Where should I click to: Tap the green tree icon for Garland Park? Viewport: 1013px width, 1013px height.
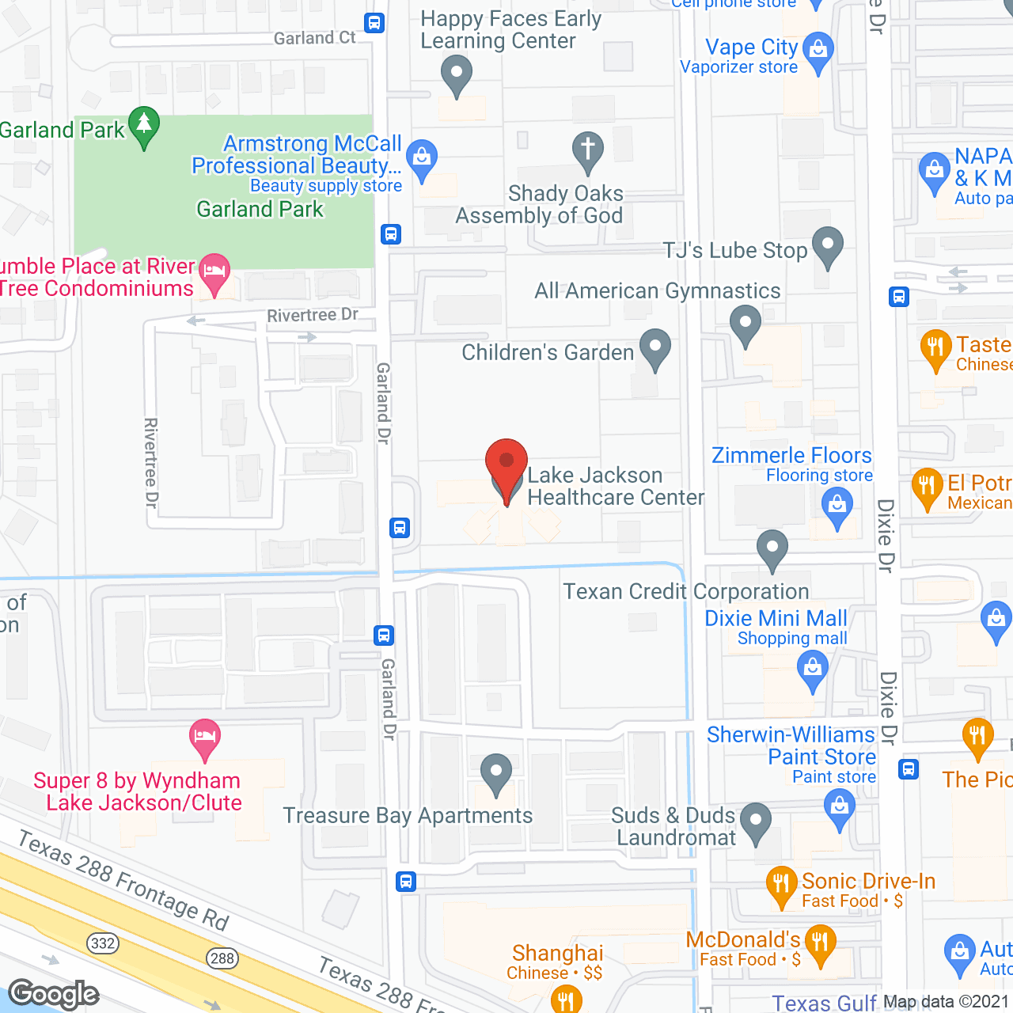[144, 125]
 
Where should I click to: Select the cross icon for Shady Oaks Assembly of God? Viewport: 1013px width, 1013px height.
[588, 150]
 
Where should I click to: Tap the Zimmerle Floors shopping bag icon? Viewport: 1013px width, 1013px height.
[837, 504]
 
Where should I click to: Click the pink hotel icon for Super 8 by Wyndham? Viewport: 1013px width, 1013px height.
[205, 737]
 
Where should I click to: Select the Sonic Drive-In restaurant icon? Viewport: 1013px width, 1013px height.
[781, 883]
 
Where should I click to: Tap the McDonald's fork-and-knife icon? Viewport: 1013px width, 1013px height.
[820, 943]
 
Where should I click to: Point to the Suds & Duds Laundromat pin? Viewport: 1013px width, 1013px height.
[755, 821]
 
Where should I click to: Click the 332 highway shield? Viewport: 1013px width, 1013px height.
[103, 943]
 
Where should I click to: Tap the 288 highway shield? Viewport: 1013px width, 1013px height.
[222, 958]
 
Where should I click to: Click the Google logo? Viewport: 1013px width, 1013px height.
[54, 994]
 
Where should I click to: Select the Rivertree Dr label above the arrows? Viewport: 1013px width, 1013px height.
[313, 316]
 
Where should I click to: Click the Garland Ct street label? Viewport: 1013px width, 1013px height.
[315, 38]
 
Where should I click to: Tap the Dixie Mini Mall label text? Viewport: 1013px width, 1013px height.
[776, 618]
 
